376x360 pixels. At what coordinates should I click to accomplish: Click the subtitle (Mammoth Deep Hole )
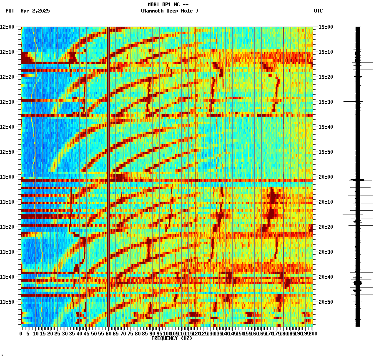[169, 11]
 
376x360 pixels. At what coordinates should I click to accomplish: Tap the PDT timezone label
[10, 11]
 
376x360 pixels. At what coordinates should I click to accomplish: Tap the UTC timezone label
[318, 11]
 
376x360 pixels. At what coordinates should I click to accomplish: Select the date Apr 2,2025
[35, 11]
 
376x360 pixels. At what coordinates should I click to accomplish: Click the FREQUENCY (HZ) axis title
[171, 338]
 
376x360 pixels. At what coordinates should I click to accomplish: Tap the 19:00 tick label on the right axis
[326, 27]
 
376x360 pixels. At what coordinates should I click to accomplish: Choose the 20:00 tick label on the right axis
[326, 177]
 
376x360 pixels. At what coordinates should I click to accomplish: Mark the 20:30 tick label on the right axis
[326, 252]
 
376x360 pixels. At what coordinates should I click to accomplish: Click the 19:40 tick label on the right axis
[326, 127]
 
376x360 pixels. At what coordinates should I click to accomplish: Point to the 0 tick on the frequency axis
[21, 334]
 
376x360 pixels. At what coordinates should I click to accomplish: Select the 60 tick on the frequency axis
[108, 334]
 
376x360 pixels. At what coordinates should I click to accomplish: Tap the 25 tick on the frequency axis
[57, 334]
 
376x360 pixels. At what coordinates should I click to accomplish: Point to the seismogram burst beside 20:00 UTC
[357, 180]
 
